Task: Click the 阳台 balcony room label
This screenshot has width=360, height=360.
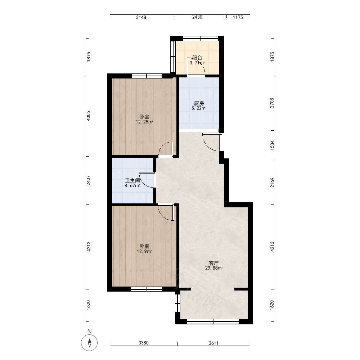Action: pyautogui.click(x=197, y=58)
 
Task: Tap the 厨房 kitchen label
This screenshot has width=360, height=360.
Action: pyautogui.click(x=199, y=104)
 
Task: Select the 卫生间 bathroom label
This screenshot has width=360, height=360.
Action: pyautogui.click(x=132, y=180)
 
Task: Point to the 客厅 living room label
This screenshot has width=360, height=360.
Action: pyautogui.click(x=214, y=263)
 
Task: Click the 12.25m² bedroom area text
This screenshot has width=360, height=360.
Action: pyautogui.click(x=144, y=122)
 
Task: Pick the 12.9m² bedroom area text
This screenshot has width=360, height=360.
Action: pyautogui.click(x=144, y=251)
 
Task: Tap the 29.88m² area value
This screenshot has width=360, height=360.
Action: pyautogui.click(x=214, y=268)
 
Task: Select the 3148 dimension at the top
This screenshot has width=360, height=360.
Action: pyautogui.click(x=141, y=17)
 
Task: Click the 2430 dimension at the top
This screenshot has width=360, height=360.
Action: pyautogui.click(x=197, y=17)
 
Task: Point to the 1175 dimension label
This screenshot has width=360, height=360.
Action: pyautogui.click(x=238, y=17)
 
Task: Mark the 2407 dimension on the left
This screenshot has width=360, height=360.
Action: pyautogui.click(x=89, y=180)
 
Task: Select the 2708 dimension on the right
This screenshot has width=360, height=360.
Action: pyautogui.click(x=272, y=103)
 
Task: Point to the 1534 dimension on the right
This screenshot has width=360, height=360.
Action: pyautogui.click(x=272, y=145)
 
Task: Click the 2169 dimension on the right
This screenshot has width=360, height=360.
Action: pyautogui.click(x=272, y=183)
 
